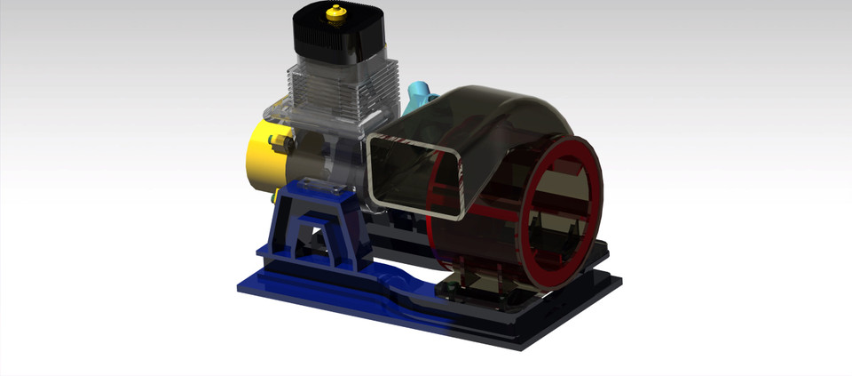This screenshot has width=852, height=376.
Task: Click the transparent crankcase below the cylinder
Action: [328, 151]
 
